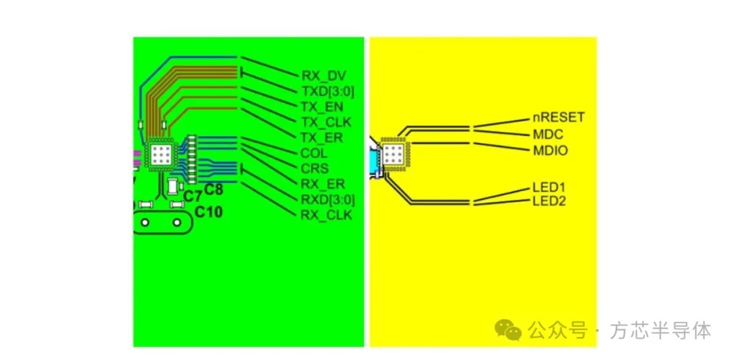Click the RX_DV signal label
pos(323,76)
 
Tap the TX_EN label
pos(323,108)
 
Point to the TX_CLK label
pos(327,122)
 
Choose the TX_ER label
pos(323,138)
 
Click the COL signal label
pos(314,153)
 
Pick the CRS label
pos(315,168)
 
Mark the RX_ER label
pos(323,184)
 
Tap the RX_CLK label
pos(327,215)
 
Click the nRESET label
pos(559,117)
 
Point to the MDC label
pos(548,135)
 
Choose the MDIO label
pos(551,150)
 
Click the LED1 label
pos(549,188)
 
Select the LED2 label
pos(549,201)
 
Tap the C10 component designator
pos(209,212)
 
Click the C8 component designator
pos(214,190)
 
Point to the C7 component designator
pos(192,197)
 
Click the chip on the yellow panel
pos(395,153)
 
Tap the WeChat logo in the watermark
pos(509,330)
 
